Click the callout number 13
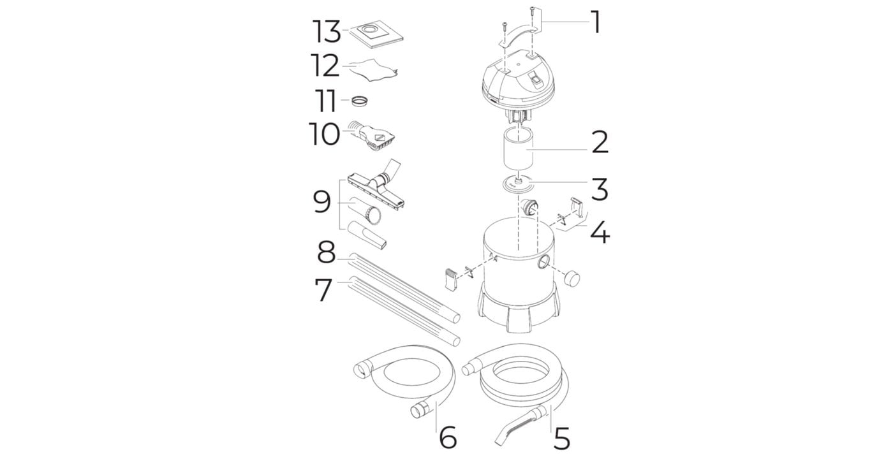(x=327, y=31)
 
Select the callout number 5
(x=562, y=438)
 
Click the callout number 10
(x=324, y=135)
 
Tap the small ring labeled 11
(x=360, y=101)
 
